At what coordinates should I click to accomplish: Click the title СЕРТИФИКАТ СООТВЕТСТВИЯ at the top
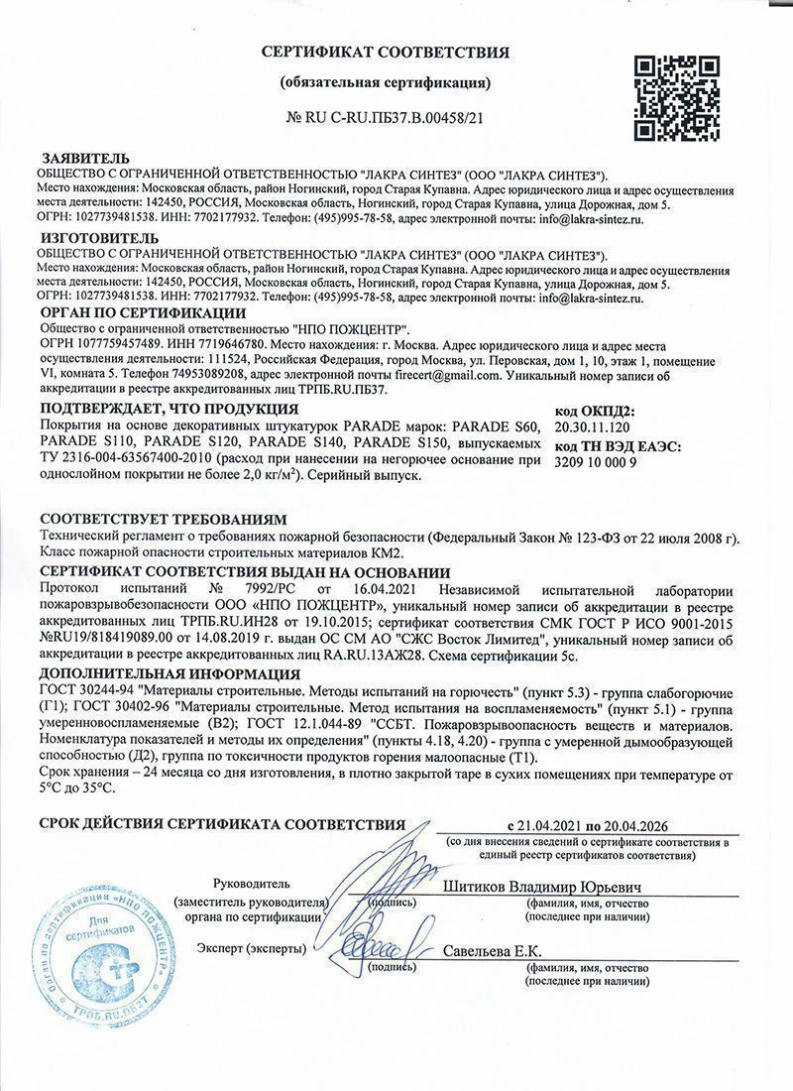pyautogui.click(x=386, y=52)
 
